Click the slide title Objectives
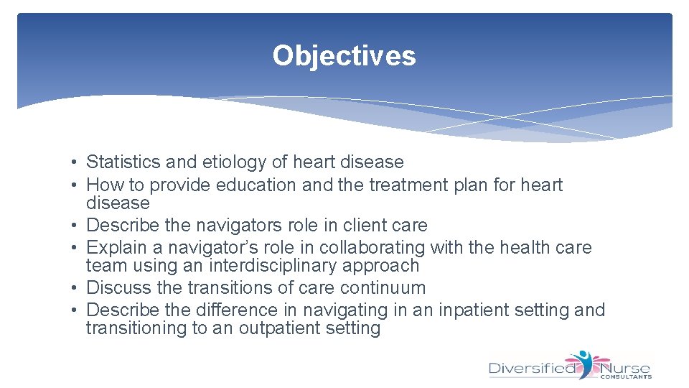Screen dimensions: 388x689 point(344,55)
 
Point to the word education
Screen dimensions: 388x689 point(258,185)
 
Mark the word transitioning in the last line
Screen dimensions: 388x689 point(133,328)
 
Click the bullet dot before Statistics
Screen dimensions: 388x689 point(75,163)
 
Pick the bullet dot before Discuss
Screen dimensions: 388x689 point(75,288)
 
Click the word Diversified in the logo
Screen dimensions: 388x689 point(532,369)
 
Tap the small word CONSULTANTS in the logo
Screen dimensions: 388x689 point(625,377)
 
